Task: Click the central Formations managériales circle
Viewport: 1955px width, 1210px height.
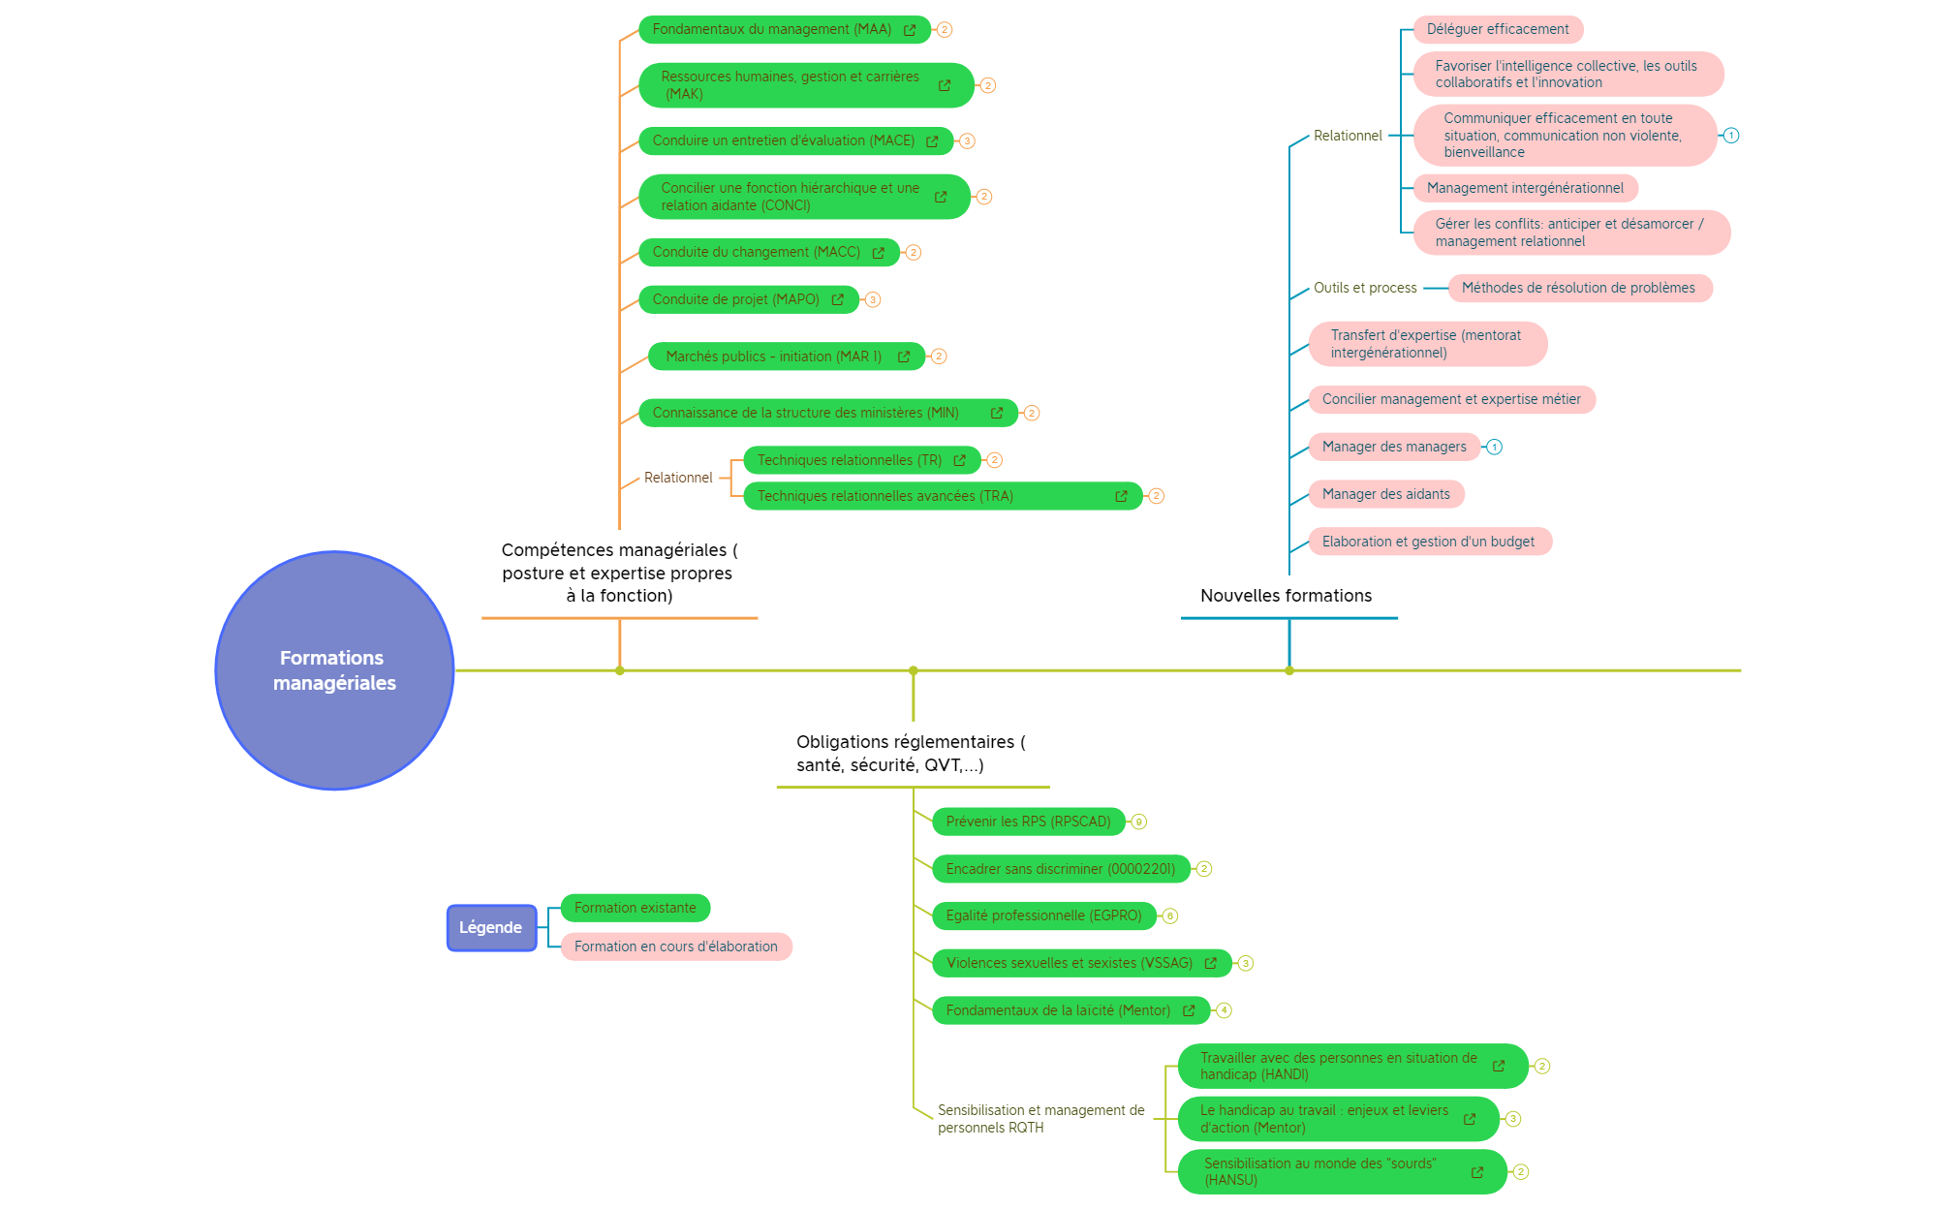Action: point(334,670)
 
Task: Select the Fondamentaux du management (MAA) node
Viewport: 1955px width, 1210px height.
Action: point(771,29)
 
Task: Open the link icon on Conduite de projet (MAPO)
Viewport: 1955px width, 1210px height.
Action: point(837,299)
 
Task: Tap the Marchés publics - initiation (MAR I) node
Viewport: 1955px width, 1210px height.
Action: point(773,357)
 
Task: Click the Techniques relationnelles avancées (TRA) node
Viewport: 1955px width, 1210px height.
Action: point(884,496)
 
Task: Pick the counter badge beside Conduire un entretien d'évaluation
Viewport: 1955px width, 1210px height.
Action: point(967,141)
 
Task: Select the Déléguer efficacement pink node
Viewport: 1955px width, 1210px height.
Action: point(1497,29)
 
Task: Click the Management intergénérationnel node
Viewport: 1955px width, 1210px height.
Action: point(1525,188)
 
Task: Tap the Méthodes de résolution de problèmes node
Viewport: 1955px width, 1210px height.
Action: point(1578,288)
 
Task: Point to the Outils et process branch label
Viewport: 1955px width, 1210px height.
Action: point(1365,288)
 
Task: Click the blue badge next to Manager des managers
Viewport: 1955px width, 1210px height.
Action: point(1494,447)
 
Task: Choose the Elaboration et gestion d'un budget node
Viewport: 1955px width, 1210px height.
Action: point(1428,542)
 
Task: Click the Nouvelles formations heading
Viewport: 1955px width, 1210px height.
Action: point(1286,596)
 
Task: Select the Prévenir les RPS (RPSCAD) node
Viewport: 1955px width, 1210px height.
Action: point(1028,822)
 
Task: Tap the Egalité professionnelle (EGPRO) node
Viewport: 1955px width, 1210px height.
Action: point(1043,915)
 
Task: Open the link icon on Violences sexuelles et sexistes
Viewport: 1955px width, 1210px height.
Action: point(1210,963)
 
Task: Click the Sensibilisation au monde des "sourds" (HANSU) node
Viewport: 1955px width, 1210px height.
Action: point(1319,1171)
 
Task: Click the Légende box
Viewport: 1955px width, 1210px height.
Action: point(491,927)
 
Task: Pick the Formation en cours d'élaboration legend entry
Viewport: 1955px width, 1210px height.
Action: point(675,946)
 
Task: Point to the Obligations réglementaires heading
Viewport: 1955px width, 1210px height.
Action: point(910,753)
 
